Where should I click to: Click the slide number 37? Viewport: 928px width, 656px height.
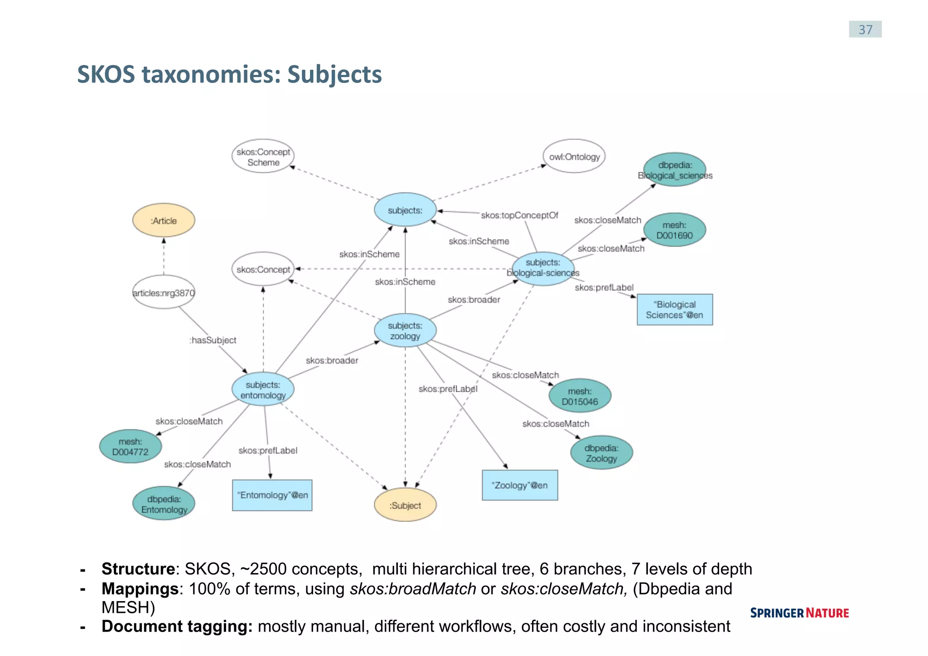(865, 29)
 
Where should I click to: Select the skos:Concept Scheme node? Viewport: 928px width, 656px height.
(263, 156)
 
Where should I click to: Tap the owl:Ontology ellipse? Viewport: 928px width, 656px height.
(574, 157)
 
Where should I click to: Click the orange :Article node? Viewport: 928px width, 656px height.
(164, 220)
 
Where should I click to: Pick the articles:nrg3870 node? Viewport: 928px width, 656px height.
(164, 292)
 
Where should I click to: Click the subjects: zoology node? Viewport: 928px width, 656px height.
(405, 330)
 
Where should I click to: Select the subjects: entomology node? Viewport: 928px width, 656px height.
(263, 389)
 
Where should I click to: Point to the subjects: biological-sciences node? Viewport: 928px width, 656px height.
(543, 268)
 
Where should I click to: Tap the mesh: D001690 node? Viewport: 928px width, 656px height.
(674, 230)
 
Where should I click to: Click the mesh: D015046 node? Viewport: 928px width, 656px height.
(580, 396)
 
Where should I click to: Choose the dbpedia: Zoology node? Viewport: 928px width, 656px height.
(601, 453)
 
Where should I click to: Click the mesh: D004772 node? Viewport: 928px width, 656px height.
(130, 447)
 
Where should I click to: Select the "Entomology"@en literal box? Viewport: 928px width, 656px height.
(272, 495)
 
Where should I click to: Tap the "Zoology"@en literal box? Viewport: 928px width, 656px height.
(520, 485)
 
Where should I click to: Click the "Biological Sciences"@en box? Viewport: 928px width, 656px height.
(674, 310)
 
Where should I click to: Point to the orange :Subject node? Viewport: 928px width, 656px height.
(405, 505)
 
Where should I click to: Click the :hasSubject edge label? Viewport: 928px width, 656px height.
(213, 340)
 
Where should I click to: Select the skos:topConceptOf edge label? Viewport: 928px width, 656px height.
(519, 215)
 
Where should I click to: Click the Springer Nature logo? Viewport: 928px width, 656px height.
(799, 613)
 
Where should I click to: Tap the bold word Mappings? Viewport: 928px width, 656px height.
(140, 588)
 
